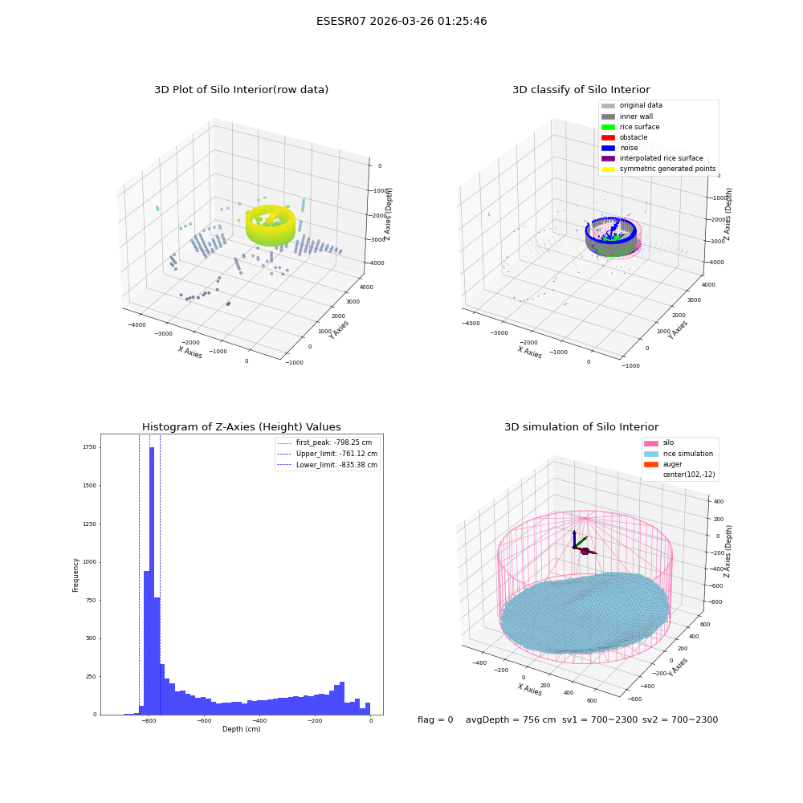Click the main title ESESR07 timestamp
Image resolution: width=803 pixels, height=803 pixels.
tap(401, 21)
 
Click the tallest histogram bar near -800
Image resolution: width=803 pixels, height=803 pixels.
tap(152, 581)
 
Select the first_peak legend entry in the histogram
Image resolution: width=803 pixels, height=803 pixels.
tap(324, 442)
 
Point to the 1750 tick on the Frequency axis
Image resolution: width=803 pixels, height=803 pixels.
tap(90, 447)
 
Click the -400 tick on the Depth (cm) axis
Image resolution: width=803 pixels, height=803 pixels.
tap(259, 720)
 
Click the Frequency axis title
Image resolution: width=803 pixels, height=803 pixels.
tap(75, 575)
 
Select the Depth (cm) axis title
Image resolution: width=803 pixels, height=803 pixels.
tap(242, 729)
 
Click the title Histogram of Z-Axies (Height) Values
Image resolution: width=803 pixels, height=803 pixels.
tap(241, 426)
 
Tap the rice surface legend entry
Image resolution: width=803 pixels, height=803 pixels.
tap(630, 127)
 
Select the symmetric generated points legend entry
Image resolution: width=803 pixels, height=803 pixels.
tap(658, 169)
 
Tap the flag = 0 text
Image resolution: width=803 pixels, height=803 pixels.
tap(435, 719)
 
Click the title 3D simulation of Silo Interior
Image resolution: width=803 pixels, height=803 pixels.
tap(581, 426)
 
